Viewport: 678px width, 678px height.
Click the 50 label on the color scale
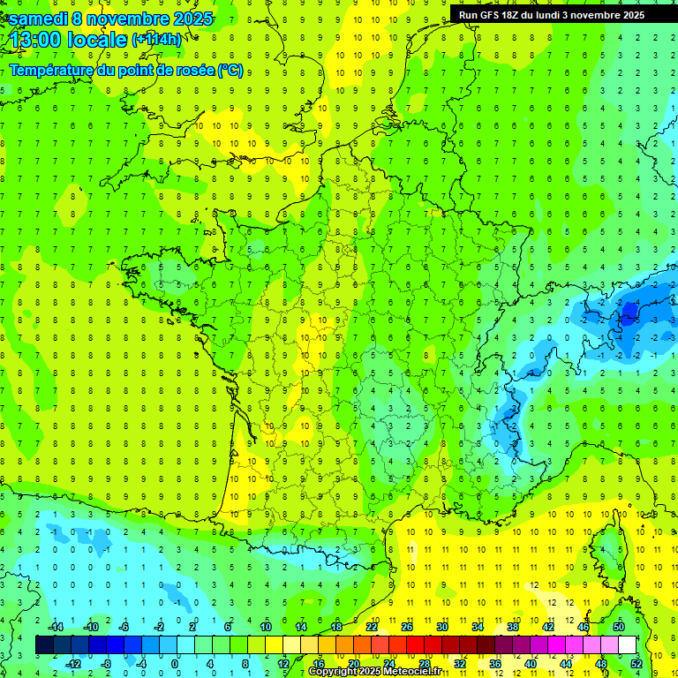click(619, 627)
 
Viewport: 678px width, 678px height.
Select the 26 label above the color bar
click(406, 627)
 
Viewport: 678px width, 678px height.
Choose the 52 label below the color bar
click(637, 664)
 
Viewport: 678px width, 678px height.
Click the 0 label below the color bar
click(175, 664)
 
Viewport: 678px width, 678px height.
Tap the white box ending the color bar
click(628, 645)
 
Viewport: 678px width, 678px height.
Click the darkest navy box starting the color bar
click(44, 645)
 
